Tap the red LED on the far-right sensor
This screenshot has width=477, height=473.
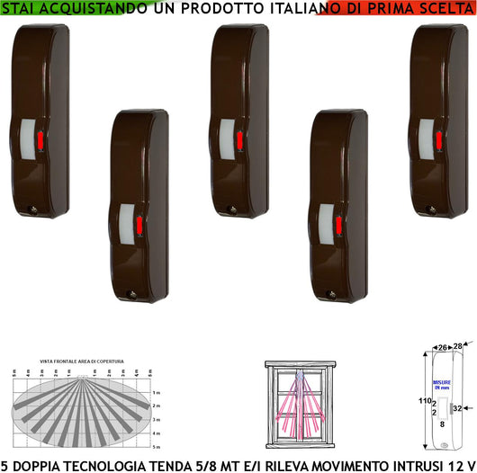[x=439, y=140]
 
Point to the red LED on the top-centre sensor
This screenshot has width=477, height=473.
[x=243, y=140]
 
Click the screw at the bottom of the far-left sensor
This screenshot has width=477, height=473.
[x=34, y=209]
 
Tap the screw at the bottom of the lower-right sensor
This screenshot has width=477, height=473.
[x=332, y=294]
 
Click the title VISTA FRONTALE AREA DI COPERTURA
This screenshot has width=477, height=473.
[x=81, y=361]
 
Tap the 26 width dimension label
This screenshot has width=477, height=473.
[x=442, y=346]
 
